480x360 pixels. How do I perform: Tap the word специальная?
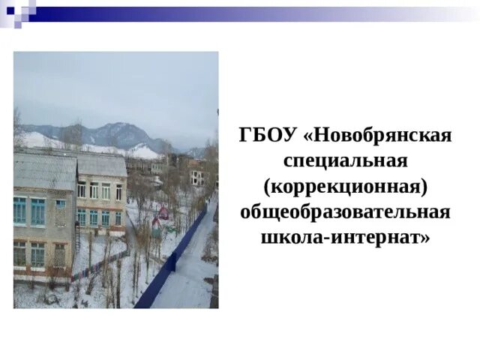click(345, 160)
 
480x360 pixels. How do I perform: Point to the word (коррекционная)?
click(345, 186)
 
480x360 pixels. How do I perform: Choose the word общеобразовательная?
click(345, 211)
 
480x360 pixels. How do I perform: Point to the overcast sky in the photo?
click(112, 82)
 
